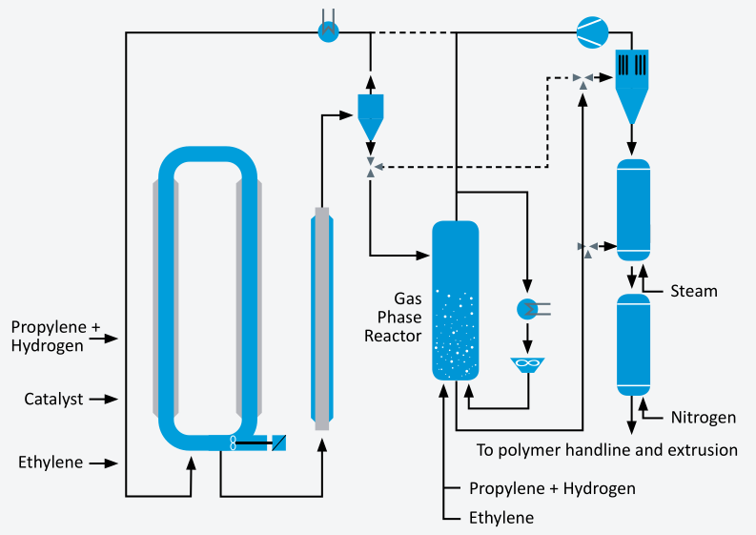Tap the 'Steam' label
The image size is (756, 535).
694,290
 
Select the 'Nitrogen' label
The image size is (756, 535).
703,418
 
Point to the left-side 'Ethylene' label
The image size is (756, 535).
51,463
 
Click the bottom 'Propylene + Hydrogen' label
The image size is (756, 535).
552,488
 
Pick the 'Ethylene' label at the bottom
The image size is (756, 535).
501,518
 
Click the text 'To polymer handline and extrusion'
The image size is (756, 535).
606,449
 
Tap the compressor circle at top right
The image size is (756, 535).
591,32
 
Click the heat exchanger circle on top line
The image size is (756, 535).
329,31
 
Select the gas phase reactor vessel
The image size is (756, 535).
455,300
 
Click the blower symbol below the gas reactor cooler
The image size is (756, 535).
525,364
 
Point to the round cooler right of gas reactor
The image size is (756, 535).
525,308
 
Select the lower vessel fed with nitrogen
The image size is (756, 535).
633,343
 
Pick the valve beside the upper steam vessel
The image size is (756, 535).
587,247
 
